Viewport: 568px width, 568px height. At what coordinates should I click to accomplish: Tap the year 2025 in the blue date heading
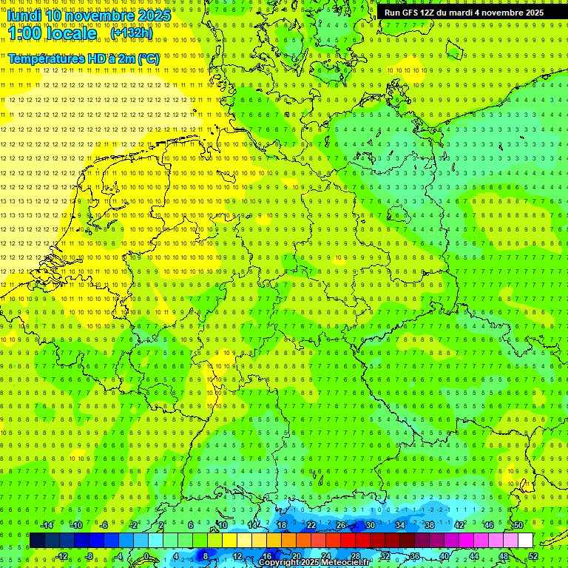pyautogui.click(x=152, y=16)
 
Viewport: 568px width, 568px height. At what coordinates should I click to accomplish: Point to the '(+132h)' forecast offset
pyautogui.click(x=132, y=33)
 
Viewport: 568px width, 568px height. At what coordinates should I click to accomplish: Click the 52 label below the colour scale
pyautogui.click(x=533, y=556)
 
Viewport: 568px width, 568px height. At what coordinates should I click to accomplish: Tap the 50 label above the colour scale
pyautogui.click(x=518, y=525)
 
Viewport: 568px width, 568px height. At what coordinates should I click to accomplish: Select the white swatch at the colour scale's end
pyautogui.click(x=525, y=540)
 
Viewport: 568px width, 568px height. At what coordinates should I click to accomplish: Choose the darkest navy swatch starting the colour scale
pyautogui.click(x=37, y=540)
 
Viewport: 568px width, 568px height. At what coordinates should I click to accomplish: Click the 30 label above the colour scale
pyautogui.click(x=370, y=525)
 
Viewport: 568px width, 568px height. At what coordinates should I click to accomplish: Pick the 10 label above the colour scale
pyautogui.click(x=222, y=525)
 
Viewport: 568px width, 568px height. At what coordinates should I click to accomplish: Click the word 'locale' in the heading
pyautogui.click(x=74, y=34)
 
